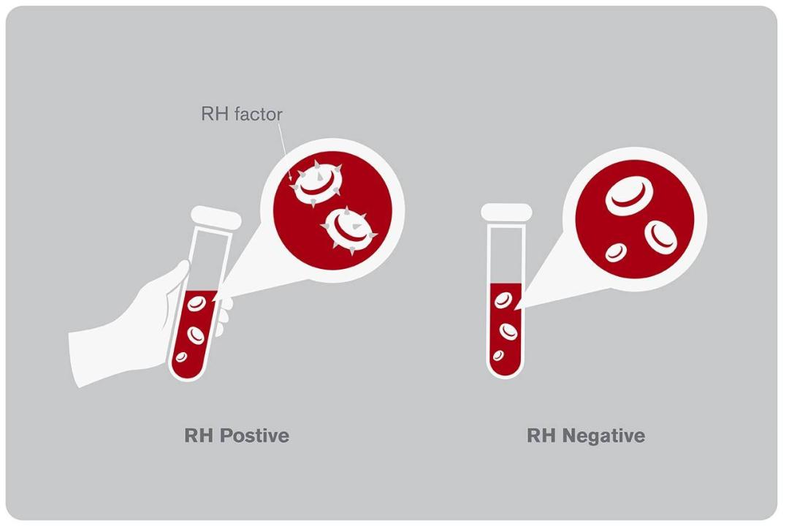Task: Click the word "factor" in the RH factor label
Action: point(258,114)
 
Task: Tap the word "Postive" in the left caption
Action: point(256,435)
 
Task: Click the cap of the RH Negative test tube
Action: point(506,212)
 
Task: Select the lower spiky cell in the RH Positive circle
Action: point(348,229)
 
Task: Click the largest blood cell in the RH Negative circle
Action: point(629,195)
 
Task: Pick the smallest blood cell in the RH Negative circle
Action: point(616,253)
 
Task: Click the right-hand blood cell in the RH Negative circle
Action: point(660,235)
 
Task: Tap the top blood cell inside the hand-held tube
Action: point(195,302)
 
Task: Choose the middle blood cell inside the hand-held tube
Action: point(195,335)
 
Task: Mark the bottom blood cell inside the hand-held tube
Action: point(181,357)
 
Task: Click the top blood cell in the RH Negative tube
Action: point(503,300)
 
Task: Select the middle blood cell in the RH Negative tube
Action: point(508,331)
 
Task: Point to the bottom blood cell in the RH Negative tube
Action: point(498,356)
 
